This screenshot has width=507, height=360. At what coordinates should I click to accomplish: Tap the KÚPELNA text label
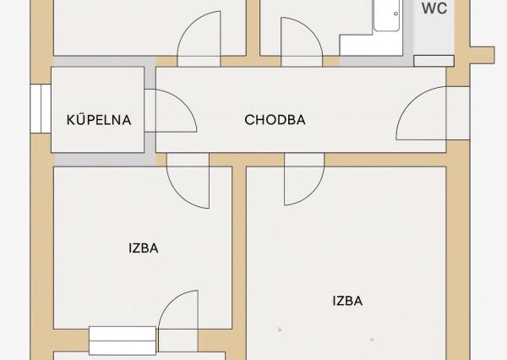click(99, 120)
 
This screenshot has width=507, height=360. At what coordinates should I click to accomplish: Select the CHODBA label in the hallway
click(275, 120)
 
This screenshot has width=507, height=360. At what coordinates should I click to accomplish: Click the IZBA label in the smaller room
click(144, 248)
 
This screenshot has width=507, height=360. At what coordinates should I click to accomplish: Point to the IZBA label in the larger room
click(347, 300)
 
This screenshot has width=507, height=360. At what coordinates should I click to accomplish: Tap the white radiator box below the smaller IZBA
click(123, 340)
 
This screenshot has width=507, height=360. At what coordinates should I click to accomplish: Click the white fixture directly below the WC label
click(433, 60)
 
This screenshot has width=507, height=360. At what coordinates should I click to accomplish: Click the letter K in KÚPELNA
click(71, 120)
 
